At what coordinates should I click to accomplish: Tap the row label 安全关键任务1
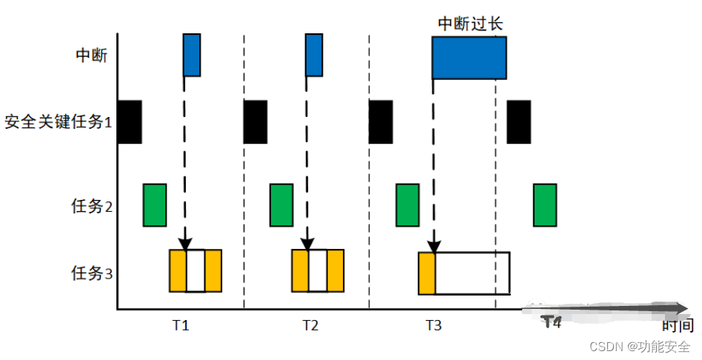(x=58, y=121)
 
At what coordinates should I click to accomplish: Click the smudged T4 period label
(x=551, y=321)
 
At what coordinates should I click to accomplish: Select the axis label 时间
(x=678, y=324)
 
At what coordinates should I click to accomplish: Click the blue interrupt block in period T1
(x=192, y=54)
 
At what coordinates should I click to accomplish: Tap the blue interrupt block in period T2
(x=314, y=54)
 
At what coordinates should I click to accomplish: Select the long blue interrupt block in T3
(x=469, y=57)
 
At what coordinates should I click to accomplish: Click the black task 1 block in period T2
(x=255, y=121)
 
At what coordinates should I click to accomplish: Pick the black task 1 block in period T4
(x=518, y=121)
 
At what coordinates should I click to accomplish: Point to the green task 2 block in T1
(x=155, y=204)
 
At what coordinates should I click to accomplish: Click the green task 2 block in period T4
(x=544, y=204)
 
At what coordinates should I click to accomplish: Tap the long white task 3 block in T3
(x=472, y=273)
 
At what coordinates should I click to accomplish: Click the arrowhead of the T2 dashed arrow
(x=307, y=244)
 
